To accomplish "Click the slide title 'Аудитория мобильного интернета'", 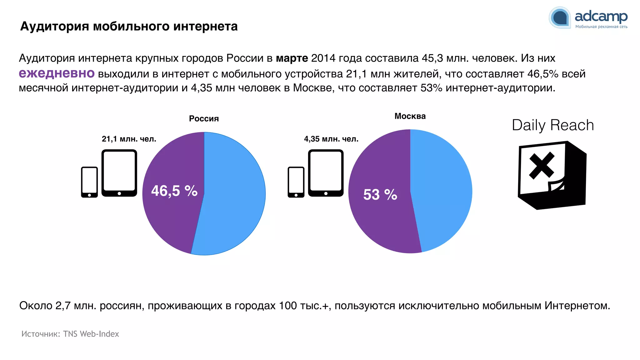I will click(129, 26).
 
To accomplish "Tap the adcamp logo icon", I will click(560, 18).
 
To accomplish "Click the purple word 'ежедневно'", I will click(57, 73).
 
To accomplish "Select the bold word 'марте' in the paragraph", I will click(292, 58).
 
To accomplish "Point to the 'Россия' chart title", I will click(204, 119).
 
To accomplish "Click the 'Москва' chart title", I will click(410, 116).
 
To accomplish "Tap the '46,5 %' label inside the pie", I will click(174, 191).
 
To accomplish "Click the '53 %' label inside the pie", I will click(380, 195).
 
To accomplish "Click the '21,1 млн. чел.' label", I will click(129, 139).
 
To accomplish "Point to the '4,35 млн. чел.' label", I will click(331, 139).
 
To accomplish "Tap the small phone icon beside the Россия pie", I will click(89, 182).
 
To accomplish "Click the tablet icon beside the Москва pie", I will click(326, 173).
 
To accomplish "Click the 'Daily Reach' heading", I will click(552, 125).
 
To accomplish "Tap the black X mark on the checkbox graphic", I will click(542, 166).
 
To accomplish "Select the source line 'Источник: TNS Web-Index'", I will click(70, 334).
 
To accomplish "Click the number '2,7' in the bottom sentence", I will click(63, 306).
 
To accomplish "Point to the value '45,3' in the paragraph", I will click(432, 58).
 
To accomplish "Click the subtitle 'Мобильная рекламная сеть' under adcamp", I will click(601, 27).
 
